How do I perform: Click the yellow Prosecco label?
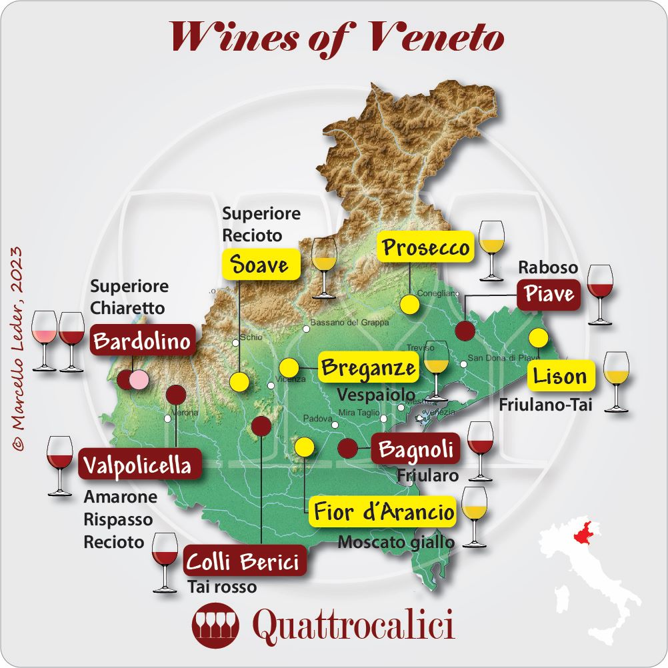[x=426, y=248]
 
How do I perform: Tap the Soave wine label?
[x=259, y=265]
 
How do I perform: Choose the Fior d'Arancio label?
[x=384, y=512]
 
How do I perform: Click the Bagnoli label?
[x=415, y=450]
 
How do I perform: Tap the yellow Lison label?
[x=559, y=376]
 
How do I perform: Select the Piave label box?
[x=549, y=293]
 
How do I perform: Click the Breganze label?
[x=368, y=367]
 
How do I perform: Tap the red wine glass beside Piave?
[x=600, y=293]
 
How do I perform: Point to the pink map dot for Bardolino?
[x=139, y=380]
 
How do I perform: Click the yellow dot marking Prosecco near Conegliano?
[x=409, y=305]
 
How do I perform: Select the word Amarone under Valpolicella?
[x=121, y=497]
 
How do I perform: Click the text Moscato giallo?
[x=396, y=542]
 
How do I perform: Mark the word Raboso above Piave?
[x=548, y=268]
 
